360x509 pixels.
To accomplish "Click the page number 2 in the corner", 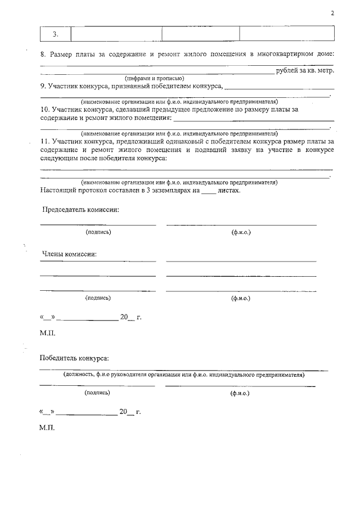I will pos(332,13).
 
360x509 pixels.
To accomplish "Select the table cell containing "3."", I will pos(55,34).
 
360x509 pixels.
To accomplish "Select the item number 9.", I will pos(43,87).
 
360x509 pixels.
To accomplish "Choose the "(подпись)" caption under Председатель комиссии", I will pos(98,232).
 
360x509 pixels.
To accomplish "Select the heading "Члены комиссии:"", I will pos(70,254).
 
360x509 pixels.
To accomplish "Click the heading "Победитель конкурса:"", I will pos(74,358).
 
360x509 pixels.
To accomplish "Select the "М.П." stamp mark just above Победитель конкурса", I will pos(47,333).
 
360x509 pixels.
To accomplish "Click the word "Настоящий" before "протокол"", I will pos(58,191).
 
